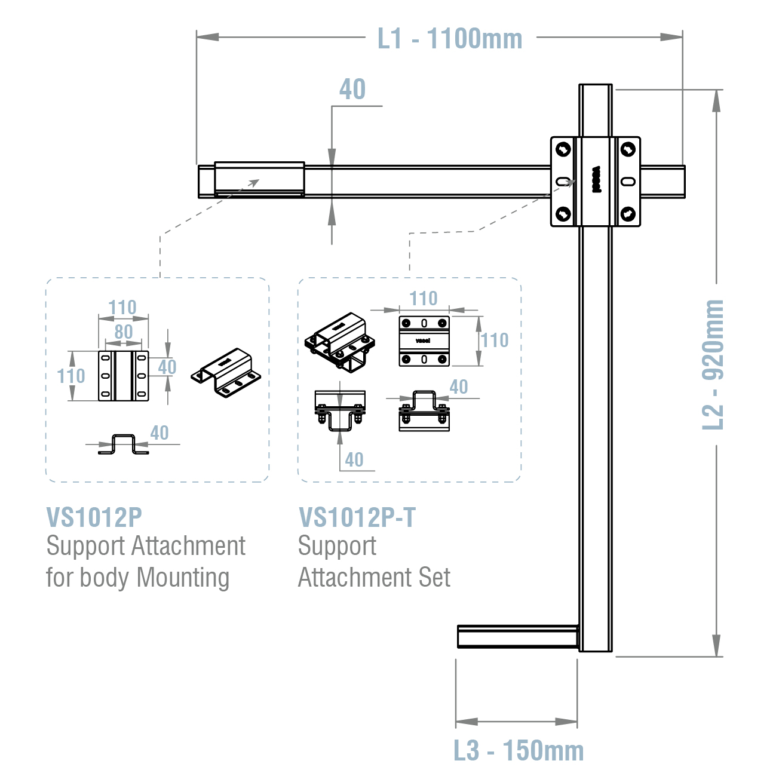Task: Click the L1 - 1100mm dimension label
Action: pos(450,39)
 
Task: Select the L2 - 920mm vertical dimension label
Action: pos(713,364)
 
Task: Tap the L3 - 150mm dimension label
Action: pos(519,750)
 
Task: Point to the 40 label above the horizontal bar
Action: pos(352,90)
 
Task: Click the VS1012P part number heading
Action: pos(94,517)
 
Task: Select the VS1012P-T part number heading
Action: pos(357,517)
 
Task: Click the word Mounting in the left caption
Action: pos(183,578)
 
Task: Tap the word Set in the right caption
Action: pos(435,578)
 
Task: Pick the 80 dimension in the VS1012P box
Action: pos(123,332)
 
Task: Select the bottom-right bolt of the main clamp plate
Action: pos(628,213)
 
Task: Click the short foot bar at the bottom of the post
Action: pos(517,636)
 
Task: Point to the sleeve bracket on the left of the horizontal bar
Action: pos(259,179)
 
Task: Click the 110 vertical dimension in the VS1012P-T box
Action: pos(495,341)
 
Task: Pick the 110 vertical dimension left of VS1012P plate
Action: pos(70,376)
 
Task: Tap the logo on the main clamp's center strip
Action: pos(596,180)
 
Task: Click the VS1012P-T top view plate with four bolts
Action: pos(424,341)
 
